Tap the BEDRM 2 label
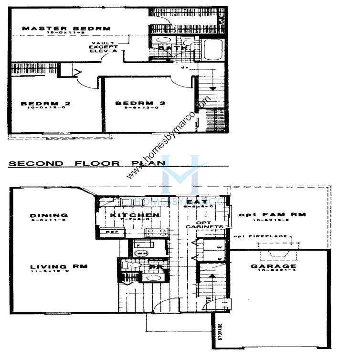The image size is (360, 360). click(x=39, y=103)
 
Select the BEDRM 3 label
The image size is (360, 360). click(x=135, y=103)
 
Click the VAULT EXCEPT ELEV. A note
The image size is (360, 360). click(x=103, y=47)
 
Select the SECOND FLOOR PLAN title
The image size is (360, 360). click(x=86, y=163)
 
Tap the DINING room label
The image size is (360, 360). click(x=49, y=215)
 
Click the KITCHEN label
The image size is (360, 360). click(x=134, y=215)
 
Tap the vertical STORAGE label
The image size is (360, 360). click(x=220, y=333)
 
